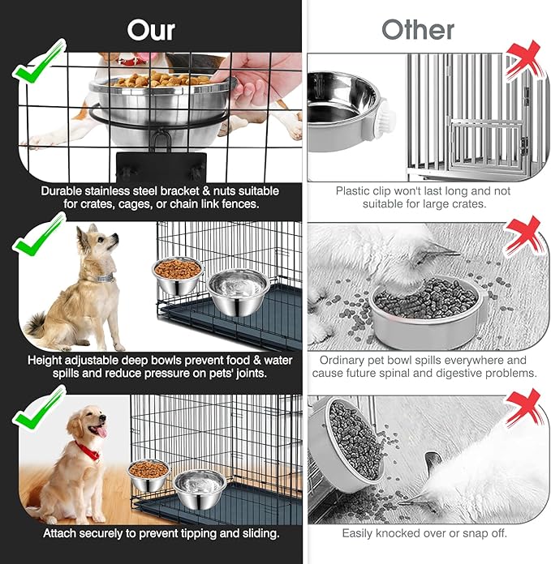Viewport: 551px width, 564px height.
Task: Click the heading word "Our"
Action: click(151, 30)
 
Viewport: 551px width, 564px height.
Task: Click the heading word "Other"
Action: click(418, 30)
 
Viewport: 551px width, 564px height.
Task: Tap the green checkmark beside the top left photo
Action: click(40, 61)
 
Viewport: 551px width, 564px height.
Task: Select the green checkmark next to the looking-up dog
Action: click(40, 234)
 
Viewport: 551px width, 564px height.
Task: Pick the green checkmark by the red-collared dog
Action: click(40, 407)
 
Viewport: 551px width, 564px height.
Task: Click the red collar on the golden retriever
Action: click(88, 451)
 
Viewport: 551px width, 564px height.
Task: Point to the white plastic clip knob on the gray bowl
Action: click(385, 118)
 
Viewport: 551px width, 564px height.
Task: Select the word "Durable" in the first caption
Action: click(62, 191)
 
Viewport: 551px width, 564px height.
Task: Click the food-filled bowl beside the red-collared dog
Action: click(149, 475)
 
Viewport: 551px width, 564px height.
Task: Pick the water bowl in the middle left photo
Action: click(239, 293)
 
